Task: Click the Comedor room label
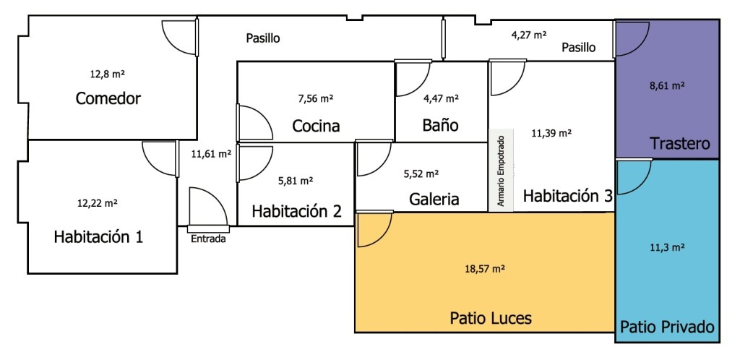tap(108, 99)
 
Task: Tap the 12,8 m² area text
tap(107, 74)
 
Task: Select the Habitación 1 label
tap(98, 236)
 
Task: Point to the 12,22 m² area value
tap(98, 204)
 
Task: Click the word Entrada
tap(208, 239)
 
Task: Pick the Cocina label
tap(316, 127)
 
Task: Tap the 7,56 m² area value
tap(316, 99)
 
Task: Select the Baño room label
tap(440, 126)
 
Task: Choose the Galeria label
tap(434, 199)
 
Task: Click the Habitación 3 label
tap(568, 195)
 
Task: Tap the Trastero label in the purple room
tap(680, 143)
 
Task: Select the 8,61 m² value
tap(667, 86)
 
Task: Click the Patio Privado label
tap(667, 327)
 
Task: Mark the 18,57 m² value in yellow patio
tap(486, 269)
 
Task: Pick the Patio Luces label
tap(491, 318)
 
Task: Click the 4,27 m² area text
tap(528, 35)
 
